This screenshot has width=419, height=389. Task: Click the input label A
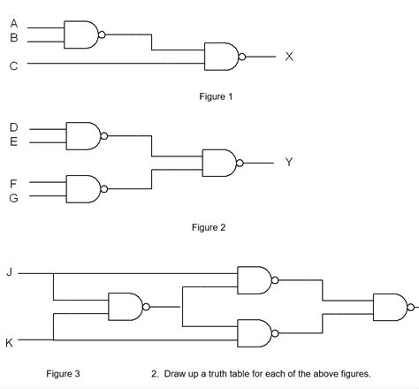13,24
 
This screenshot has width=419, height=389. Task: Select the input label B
13,38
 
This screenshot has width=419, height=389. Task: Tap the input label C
13,65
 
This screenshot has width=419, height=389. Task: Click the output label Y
289,163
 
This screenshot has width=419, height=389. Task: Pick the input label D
13,126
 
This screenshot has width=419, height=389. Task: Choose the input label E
13,141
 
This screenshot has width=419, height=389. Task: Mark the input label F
13,182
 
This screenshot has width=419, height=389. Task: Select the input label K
10,343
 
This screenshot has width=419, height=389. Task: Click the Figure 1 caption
216,96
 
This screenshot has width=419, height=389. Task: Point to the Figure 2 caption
209,227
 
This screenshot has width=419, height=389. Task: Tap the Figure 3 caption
64,374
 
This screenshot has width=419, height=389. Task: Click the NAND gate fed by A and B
82,35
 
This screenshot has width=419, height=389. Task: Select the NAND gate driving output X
221,57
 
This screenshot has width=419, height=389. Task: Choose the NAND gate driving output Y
219,163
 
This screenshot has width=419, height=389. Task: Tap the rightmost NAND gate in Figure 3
390,308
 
